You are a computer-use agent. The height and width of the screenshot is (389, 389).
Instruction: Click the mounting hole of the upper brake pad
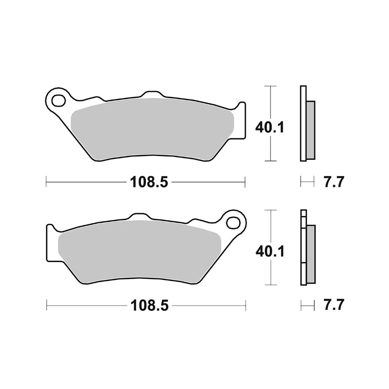pos(59,100)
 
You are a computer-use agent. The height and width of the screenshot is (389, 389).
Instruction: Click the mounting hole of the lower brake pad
pos(234,222)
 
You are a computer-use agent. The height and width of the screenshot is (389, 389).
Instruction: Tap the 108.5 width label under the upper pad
pos(149,182)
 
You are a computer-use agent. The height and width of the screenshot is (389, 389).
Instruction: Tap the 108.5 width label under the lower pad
pos(150,305)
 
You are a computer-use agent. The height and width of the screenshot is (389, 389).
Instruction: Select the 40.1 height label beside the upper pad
pos(269,127)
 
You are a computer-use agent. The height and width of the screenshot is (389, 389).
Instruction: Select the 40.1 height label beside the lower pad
pos(270,251)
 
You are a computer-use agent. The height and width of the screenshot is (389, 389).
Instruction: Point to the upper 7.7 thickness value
pos(334,182)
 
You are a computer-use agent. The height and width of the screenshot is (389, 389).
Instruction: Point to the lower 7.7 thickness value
pos(334,305)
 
